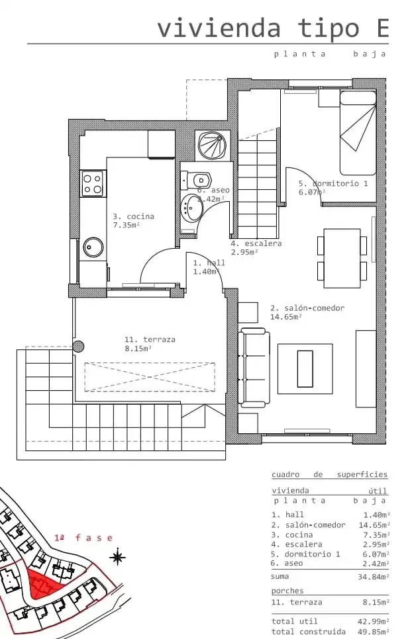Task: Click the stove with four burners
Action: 92,183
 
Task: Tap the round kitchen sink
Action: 93,247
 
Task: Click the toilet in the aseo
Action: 196,180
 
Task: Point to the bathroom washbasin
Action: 191,208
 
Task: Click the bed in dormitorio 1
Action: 358,133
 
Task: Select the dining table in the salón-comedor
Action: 342,258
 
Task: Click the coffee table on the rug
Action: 305,368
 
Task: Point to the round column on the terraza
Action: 78,347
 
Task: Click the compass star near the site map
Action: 118,557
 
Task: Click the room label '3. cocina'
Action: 133,216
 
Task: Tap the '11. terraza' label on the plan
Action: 150,339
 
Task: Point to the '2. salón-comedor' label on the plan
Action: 307,308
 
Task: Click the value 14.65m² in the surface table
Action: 374,525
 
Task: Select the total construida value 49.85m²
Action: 374,632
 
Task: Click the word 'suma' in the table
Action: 280,576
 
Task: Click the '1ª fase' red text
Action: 83,538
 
